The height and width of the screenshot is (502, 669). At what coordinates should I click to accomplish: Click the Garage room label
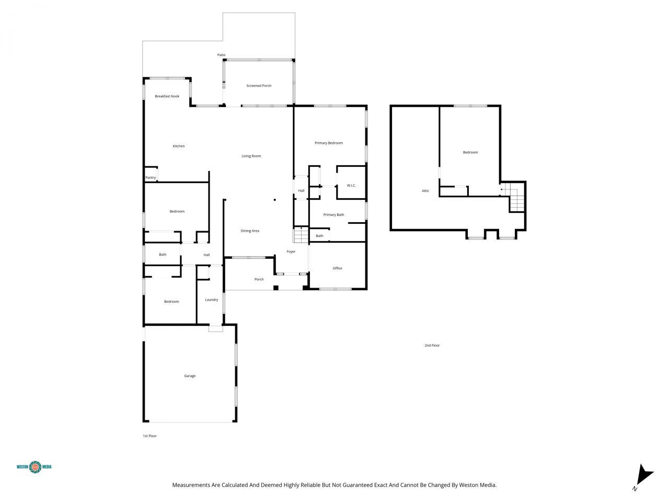tap(190, 376)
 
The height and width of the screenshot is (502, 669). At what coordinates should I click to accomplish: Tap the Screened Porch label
tap(259, 86)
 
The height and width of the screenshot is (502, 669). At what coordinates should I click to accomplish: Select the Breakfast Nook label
tap(167, 96)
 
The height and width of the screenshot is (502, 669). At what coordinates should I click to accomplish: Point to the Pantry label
tap(151, 178)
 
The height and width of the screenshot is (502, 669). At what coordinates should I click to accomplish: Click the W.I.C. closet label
tap(351, 186)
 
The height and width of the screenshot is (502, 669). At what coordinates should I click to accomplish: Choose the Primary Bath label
tap(333, 215)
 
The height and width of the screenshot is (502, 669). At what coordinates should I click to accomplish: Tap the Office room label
tap(338, 268)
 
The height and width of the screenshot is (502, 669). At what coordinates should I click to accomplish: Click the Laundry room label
tap(212, 300)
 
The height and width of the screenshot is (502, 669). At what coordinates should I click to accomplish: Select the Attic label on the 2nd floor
tap(425, 191)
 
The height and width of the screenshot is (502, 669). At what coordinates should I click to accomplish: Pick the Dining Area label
tap(250, 231)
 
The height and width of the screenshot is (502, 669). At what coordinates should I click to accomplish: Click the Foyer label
tap(291, 252)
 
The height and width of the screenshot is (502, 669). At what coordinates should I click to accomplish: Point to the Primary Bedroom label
tap(329, 143)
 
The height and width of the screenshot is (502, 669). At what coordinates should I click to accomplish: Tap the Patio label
tap(221, 55)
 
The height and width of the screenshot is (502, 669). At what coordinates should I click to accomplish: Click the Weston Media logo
tap(34, 466)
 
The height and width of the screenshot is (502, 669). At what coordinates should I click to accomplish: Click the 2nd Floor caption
tap(432, 346)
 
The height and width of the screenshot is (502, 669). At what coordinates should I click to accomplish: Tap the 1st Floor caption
tap(150, 436)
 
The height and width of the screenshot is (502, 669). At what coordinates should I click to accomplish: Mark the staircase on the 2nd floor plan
tap(516, 200)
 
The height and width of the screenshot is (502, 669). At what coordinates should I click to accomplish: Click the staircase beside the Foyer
tap(301, 235)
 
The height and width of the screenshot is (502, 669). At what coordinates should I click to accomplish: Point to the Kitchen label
tap(179, 146)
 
